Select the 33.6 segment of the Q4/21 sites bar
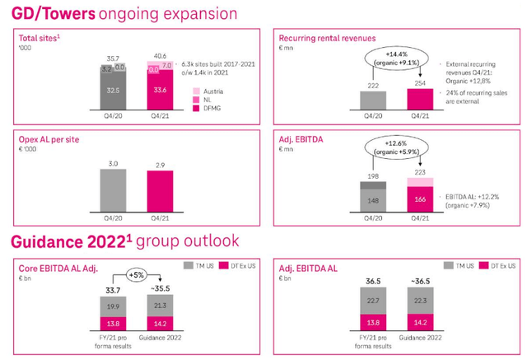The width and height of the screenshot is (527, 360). [x=160, y=91]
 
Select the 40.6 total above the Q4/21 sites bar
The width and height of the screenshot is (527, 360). [x=160, y=55]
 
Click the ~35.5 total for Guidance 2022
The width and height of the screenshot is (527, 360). [x=160, y=289]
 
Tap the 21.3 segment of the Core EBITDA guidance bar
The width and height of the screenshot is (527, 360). [x=160, y=306]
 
